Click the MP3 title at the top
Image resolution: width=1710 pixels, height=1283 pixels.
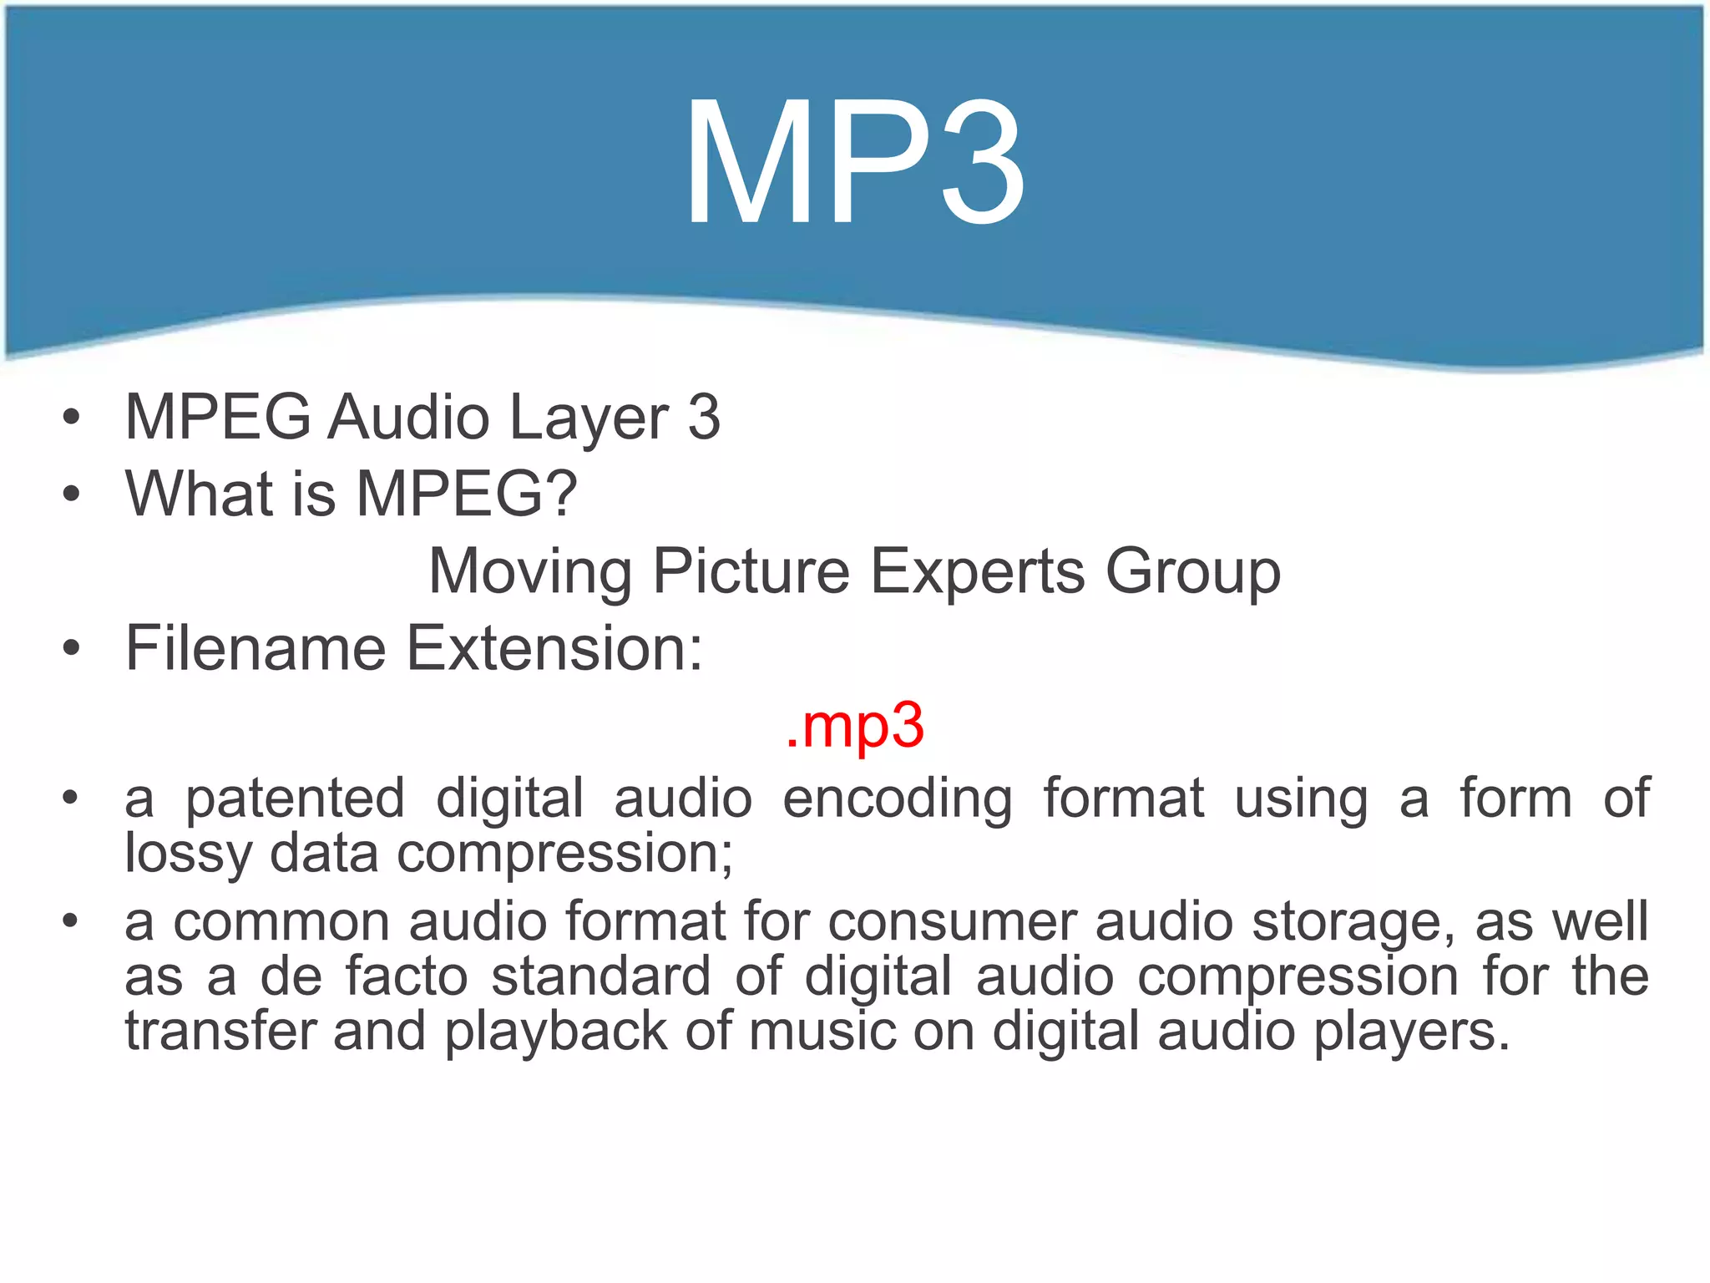(x=854, y=163)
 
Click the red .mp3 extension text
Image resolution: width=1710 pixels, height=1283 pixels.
(x=854, y=725)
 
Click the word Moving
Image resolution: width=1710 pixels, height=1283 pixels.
(x=530, y=572)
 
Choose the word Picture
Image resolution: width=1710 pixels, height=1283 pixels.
(x=751, y=572)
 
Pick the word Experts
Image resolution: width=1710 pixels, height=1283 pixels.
(x=978, y=572)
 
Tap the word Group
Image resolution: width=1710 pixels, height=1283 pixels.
(x=1192, y=572)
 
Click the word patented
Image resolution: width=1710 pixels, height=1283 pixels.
(x=295, y=799)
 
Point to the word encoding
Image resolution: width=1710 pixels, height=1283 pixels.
(x=898, y=799)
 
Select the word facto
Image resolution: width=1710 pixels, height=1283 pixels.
(x=407, y=976)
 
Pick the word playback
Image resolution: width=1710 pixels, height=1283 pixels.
(x=555, y=1032)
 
